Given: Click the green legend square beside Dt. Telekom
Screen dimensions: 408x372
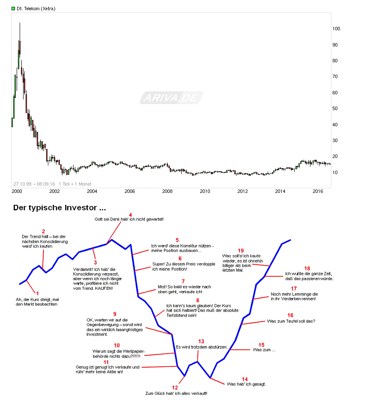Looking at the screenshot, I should (13, 9).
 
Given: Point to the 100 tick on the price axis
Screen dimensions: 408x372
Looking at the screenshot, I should (336, 29).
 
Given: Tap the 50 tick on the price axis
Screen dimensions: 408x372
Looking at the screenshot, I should (336, 108).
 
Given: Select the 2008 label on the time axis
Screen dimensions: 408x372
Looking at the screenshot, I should (167, 192).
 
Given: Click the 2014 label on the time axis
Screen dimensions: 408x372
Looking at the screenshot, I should (280, 192).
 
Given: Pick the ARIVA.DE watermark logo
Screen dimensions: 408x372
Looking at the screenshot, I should (171, 98).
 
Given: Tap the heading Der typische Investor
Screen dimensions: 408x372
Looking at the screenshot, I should (59, 208).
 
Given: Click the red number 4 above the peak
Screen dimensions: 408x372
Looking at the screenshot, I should (130, 215).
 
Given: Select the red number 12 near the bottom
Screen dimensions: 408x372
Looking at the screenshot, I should (174, 388).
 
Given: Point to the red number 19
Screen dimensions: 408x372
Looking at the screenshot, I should (240, 251).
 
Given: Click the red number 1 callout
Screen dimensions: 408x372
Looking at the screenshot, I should (37, 293).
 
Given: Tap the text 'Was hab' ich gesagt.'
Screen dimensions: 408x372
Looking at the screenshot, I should (246, 384).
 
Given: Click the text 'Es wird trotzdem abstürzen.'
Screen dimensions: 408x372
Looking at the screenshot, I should (202, 347).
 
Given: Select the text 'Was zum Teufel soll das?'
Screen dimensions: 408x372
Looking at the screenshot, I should (291, 321).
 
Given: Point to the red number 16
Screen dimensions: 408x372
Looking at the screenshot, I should (290, 315).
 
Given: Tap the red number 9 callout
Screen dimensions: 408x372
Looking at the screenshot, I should (115, 314).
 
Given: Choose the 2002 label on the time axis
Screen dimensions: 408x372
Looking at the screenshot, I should (54, 192).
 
